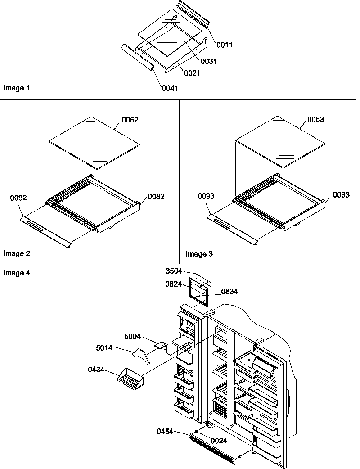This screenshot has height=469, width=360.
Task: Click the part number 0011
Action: pos(224,45)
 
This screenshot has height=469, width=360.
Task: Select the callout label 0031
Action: pos(209,62)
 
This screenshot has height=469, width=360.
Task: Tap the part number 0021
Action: pos(192,73)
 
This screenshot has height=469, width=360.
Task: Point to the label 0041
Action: pos(170,88)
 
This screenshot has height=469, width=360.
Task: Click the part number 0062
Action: pos(130,120)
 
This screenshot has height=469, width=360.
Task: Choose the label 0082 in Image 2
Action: pos(156,197)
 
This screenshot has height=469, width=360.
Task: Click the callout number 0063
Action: pos(315,120)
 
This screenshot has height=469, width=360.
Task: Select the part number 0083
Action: pos(341,194)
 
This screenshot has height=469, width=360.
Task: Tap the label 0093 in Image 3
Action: pos(205,196)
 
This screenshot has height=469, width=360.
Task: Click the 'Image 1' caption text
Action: pos(17,88)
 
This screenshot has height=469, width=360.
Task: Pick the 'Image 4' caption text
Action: pos(17,273)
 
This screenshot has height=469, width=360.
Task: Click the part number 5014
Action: pos(104,348)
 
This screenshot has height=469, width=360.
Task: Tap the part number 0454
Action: pos(166,431)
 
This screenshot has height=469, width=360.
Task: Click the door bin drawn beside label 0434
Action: pos(129,377)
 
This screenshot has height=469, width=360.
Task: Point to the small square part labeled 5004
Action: pos(161,345)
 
